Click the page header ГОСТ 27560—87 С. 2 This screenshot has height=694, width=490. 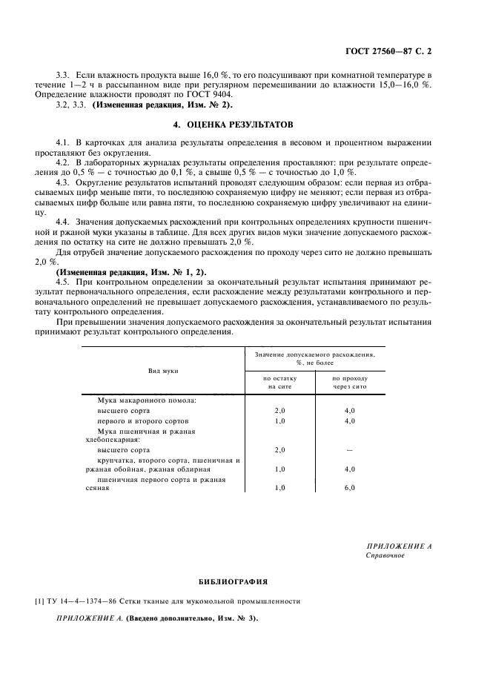pos(388,52)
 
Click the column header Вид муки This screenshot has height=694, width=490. pos(162,369)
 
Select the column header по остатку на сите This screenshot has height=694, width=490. pos(279,382)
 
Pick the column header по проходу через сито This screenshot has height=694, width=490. pos(349,382)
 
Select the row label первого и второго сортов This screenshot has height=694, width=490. pos(134,420)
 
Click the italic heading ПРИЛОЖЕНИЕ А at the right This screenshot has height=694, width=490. pos(399,545)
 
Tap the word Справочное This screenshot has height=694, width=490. pos(385,555)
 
